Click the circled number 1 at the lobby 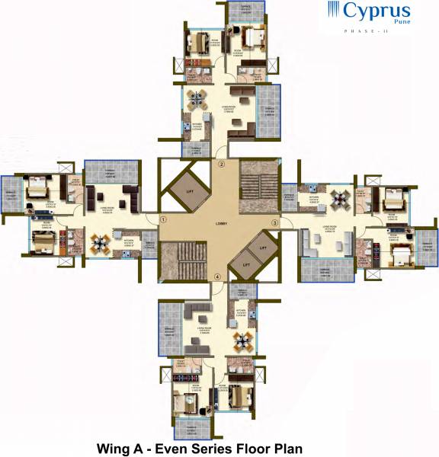click(162, 220)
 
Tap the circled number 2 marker click(221, 164)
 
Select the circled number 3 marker click(275, 222)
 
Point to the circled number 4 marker click(217, 276)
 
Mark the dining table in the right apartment click(338, 200)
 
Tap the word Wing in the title click(112, 448)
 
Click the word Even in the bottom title click(169, 448)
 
